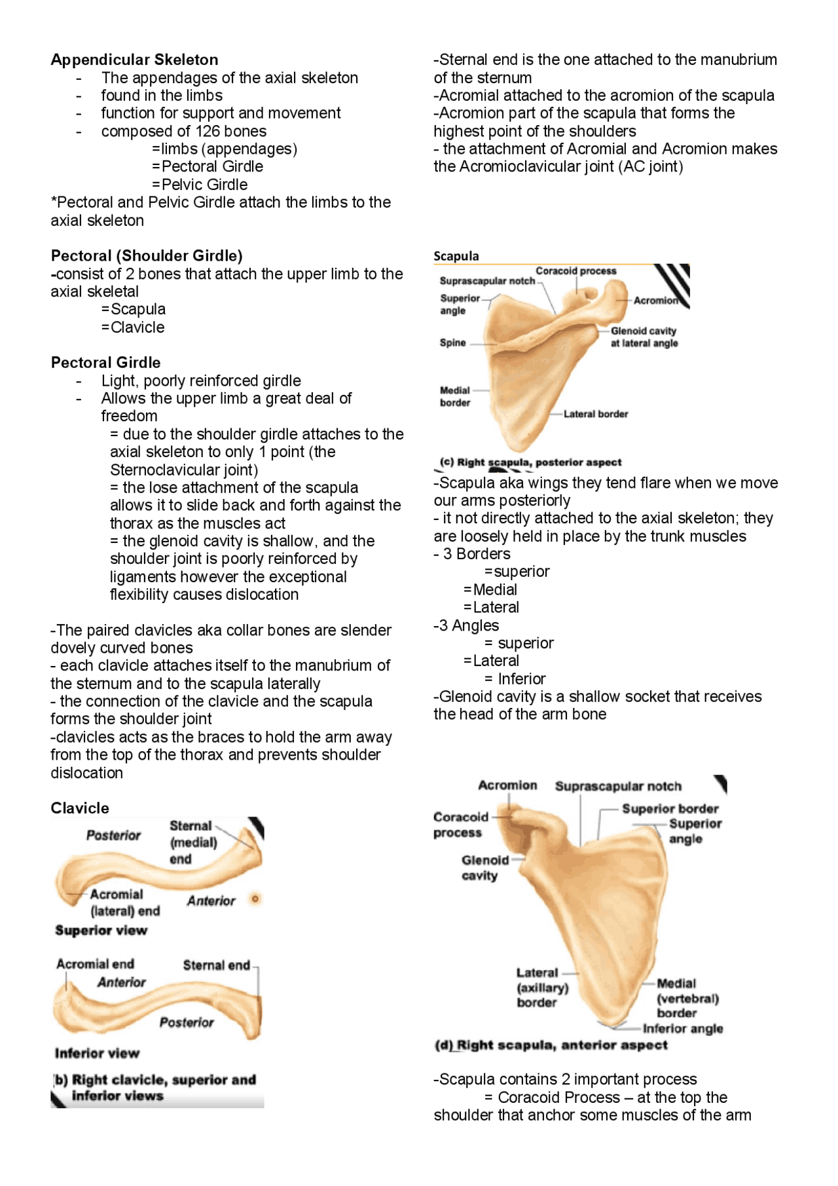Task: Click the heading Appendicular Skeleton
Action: coord(134,60)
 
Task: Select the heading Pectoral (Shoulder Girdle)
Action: coord(147,255)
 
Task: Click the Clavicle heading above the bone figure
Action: coord(80,808)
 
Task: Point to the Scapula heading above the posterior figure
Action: coord(456,256)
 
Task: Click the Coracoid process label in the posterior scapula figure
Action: coord(575,271)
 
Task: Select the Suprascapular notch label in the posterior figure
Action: coord(487,281)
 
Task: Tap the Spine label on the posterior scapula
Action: coord(452,343)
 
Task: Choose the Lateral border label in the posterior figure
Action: coord(595,414)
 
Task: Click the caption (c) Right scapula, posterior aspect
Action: coord(530,462)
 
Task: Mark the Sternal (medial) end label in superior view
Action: coord(193,842)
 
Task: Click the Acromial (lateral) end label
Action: coord(124,902)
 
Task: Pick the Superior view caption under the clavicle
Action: coord(101,931)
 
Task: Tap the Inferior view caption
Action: coord(97,1053)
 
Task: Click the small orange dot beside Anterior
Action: coord(255,899)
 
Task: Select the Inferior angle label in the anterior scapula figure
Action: coord(682,1029)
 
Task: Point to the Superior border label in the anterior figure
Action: coord(670,809)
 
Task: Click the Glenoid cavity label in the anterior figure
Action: coord(484,868)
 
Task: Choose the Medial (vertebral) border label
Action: coord(687,998)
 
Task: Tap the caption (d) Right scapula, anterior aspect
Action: coord(551,1045)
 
